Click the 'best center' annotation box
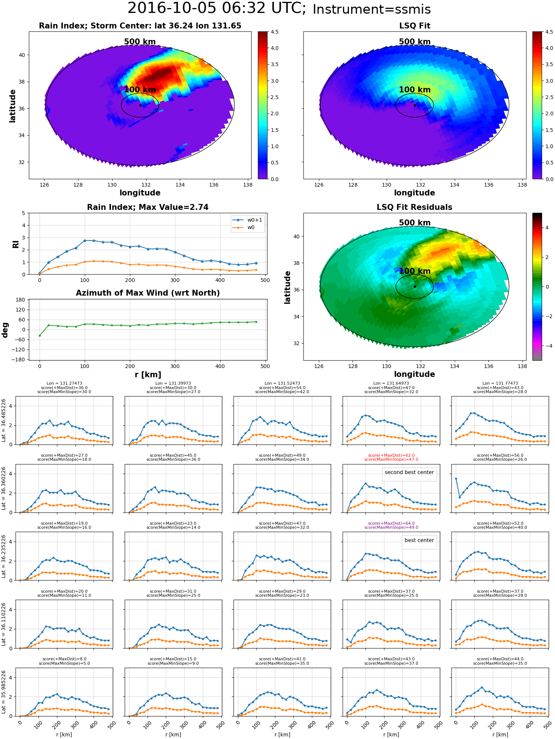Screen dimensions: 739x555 point(419,540)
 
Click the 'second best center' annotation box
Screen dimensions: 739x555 point(409,472)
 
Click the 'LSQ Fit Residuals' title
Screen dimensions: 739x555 point(414,207)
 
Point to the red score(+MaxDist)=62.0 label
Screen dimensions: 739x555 point(391,455)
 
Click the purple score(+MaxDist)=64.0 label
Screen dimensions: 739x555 point(391,523)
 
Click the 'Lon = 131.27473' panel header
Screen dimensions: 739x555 point(64,384)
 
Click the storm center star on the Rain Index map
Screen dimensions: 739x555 point(140,105)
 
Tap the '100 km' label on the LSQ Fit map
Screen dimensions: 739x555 point(414,90)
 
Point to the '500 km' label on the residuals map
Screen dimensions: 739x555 point(414,223)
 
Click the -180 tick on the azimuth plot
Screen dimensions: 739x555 point(20,360)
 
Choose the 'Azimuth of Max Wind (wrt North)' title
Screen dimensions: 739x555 point(148,293)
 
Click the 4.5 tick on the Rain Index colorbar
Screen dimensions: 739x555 point(274,32)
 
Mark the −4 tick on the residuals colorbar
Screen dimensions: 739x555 point(547,346)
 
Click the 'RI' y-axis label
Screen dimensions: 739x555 point(16,244)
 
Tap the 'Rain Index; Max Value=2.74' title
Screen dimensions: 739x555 point(148,207)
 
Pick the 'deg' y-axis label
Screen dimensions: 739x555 point(5,330)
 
